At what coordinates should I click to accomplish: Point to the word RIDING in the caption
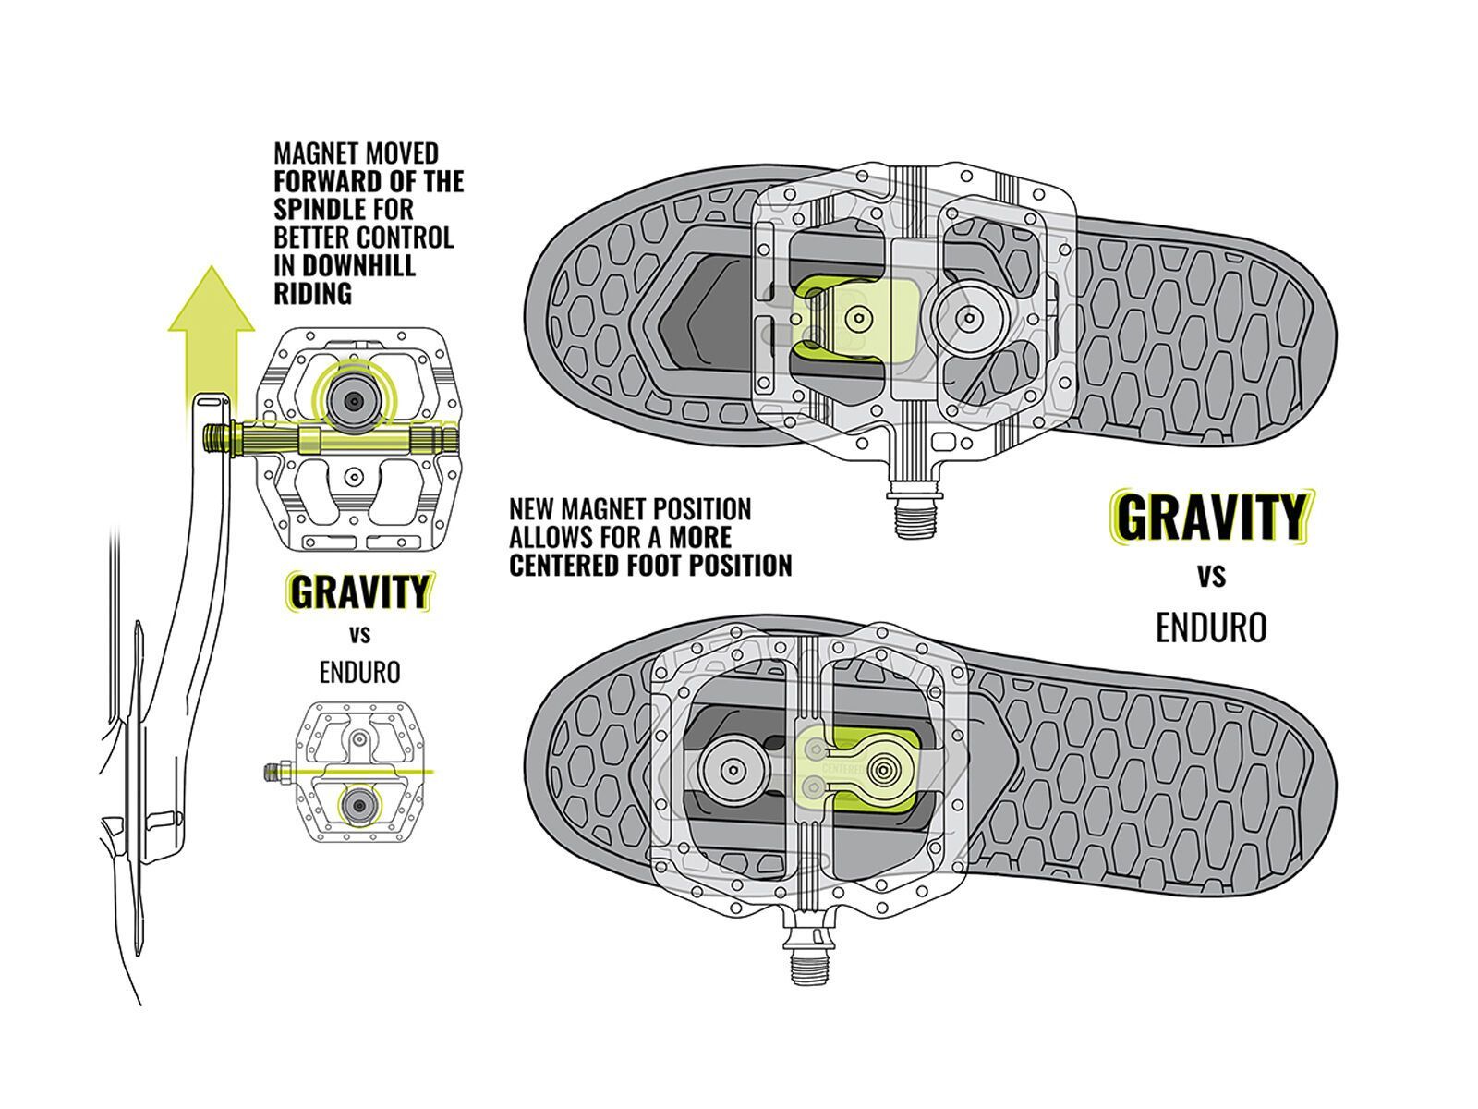(x=312, y=294)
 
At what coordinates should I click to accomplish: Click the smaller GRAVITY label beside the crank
(x=360, y=591)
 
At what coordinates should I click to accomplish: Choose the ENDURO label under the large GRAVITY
(x=1211, y=628)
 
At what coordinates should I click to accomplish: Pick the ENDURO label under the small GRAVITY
(x=360, y=672)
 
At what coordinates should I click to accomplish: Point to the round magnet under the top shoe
(x=968, y=318)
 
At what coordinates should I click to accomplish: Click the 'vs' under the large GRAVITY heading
(x=1211, y=576)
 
